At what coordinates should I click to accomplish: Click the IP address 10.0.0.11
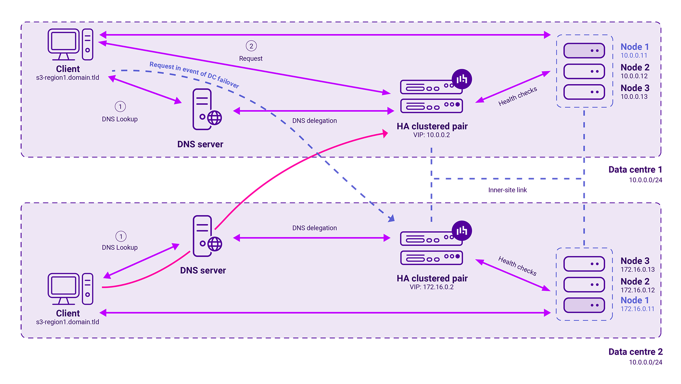tap(634, 56)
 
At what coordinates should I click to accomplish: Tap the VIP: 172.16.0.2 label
tap(431, 287)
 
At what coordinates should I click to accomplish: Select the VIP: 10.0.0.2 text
tap(431, 135)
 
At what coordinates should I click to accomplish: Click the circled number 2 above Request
tap(251, 46)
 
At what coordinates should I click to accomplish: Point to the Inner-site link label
tap(507, 190)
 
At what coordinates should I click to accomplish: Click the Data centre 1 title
tap(635, 170)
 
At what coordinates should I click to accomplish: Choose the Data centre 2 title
tap(635, 352)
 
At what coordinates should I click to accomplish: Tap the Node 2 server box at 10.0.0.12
tap(584, 72)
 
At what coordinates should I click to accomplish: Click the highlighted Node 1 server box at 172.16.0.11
tap(584, 305)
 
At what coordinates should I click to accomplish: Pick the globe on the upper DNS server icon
tap(215, 118)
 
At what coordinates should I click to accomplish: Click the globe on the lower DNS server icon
tap(215, 244)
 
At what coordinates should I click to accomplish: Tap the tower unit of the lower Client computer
tap(88, 289)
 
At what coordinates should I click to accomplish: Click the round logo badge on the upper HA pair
tap(462, 79)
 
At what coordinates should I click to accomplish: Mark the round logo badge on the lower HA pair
tap(462, 231)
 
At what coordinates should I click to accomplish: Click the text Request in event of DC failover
tap(194, 75)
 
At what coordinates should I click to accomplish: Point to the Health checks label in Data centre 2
tap(517, 266)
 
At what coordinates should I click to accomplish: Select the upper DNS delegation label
tap(314, 121)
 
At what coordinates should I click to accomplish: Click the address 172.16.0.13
tap(637, 270)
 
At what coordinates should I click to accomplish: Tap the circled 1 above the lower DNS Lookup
tap(121, 236)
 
